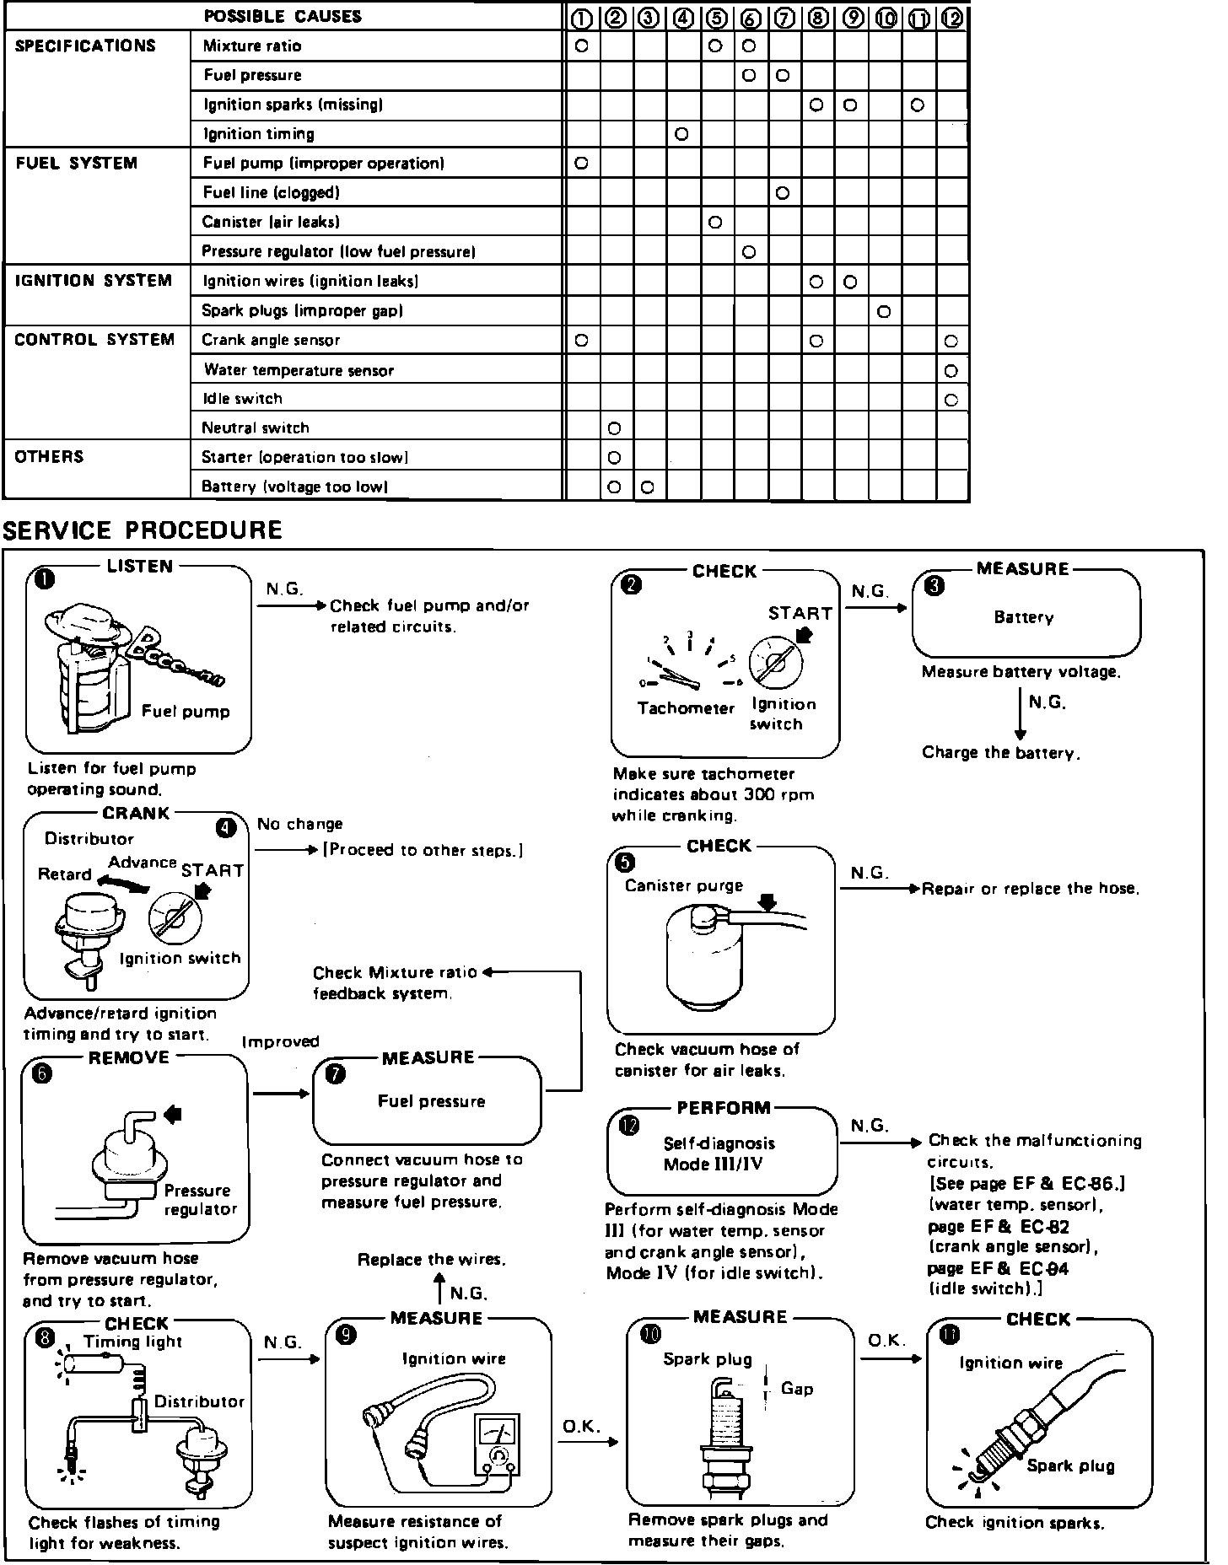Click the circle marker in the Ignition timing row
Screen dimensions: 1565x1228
tap(681, 134)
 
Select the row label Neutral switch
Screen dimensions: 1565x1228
tap(256, 428)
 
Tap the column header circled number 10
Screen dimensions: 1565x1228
tap(885, 17)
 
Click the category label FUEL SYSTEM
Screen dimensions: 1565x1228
tap(77, 164)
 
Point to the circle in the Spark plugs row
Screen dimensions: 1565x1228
tap(884, 312)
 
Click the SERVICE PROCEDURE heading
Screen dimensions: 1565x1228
tap(143, 530)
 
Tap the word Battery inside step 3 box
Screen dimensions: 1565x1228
tap(1023, 618)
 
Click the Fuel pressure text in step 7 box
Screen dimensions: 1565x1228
tap(431, 1102)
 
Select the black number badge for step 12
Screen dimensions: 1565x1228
tap(629, 1126)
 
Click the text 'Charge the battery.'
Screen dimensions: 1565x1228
tap(1001, 753)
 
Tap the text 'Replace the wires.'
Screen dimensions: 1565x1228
tap(432, 1260)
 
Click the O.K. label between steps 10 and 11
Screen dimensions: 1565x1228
tap(886, 1341)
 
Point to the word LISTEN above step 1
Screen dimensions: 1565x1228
tap(140, 567)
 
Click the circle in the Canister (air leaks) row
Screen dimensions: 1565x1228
tap(715, 223)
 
